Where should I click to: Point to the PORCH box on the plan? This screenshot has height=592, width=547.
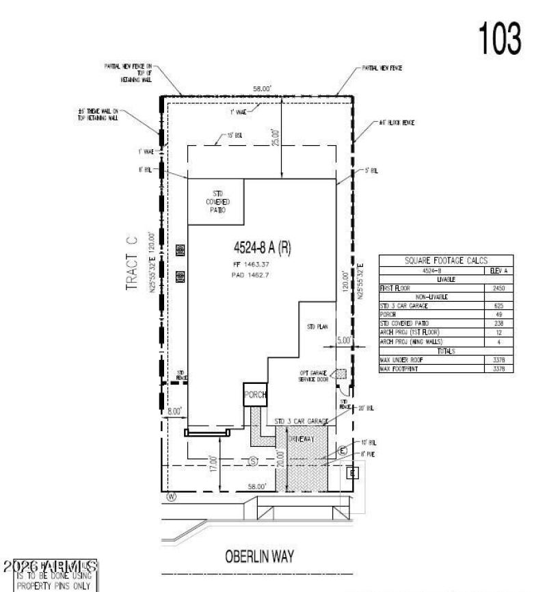coord(255,396)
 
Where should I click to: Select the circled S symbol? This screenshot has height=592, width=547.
coord(252,461)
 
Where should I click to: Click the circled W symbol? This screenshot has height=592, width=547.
coord(171,498)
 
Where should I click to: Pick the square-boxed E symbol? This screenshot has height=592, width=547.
coord(353,472)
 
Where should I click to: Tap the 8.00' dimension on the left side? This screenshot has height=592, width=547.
coord(174,411)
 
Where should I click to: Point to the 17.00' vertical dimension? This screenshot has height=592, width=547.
coord(214,467)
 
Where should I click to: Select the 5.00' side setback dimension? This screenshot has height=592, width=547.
coord(344,339)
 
